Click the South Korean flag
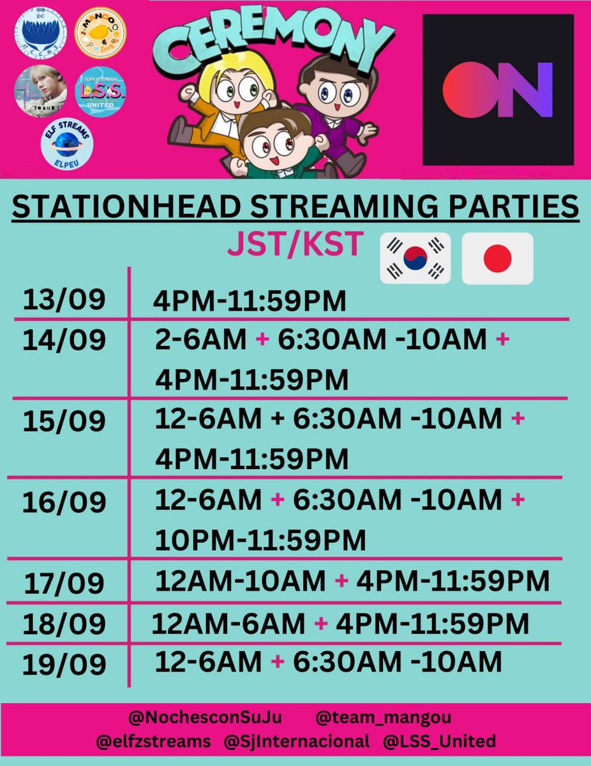415,258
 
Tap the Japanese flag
497,258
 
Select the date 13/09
64,301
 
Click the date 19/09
64,665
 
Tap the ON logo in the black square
498,89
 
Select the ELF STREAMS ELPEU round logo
67,144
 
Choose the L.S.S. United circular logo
100,91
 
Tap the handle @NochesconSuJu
205,717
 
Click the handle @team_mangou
383,717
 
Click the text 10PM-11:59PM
260,539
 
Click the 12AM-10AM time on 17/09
241,581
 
